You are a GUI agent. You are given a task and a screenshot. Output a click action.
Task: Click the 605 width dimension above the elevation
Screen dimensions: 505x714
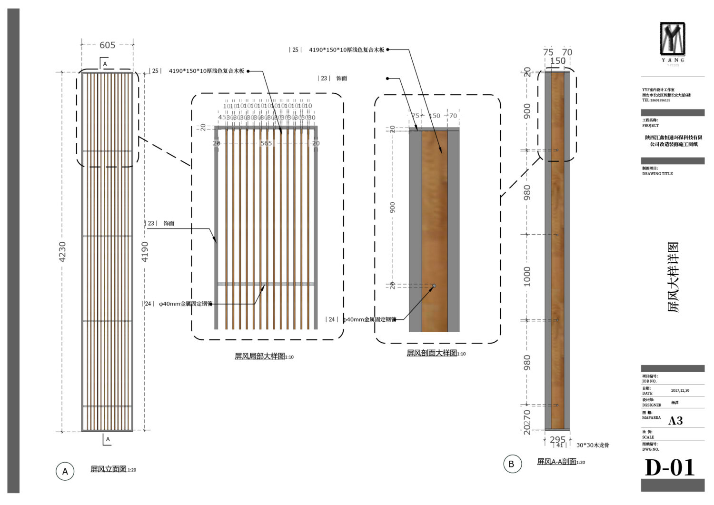tap(108, 45)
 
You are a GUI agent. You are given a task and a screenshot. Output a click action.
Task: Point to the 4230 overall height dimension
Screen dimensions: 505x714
tap(62, 252)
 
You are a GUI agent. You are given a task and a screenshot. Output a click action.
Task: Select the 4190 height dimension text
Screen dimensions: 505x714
tap(145, 252)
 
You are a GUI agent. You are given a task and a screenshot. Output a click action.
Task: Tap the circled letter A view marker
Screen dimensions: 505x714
tap(65, 471)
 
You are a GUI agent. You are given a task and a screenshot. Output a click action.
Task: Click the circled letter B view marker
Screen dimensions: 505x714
tap(512, 464)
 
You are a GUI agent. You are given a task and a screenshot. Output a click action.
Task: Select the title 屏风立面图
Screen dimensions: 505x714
tap(109, 469)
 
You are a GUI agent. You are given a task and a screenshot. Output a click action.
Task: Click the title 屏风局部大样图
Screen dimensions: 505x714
tap(260, 356)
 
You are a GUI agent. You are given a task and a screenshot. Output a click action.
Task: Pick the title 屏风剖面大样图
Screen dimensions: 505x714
tap(432, 353)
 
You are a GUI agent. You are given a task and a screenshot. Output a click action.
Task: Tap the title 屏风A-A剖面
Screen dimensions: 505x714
tap(556, 461)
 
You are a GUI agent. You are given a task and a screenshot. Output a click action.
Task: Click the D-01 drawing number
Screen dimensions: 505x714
tap(670, 468)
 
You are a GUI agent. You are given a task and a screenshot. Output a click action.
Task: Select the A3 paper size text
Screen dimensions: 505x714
tap(675, 420)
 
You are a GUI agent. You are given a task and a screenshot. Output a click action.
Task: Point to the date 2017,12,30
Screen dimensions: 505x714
tap(680, 390)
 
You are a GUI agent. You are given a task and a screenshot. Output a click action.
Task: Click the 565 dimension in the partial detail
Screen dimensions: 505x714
tap(266, 143)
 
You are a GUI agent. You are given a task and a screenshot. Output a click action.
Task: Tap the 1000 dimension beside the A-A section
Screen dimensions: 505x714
tap(527, 277)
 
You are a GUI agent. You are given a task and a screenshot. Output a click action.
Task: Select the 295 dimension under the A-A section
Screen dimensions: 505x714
tap(557, 439)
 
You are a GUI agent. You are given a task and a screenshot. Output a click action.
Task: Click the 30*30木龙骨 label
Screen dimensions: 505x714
tap(593, 446)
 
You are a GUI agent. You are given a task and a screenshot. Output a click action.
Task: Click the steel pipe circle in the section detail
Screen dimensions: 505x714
tap(434, 286)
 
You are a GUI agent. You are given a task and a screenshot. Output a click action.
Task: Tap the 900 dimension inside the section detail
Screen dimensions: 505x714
tap(393, 208)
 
